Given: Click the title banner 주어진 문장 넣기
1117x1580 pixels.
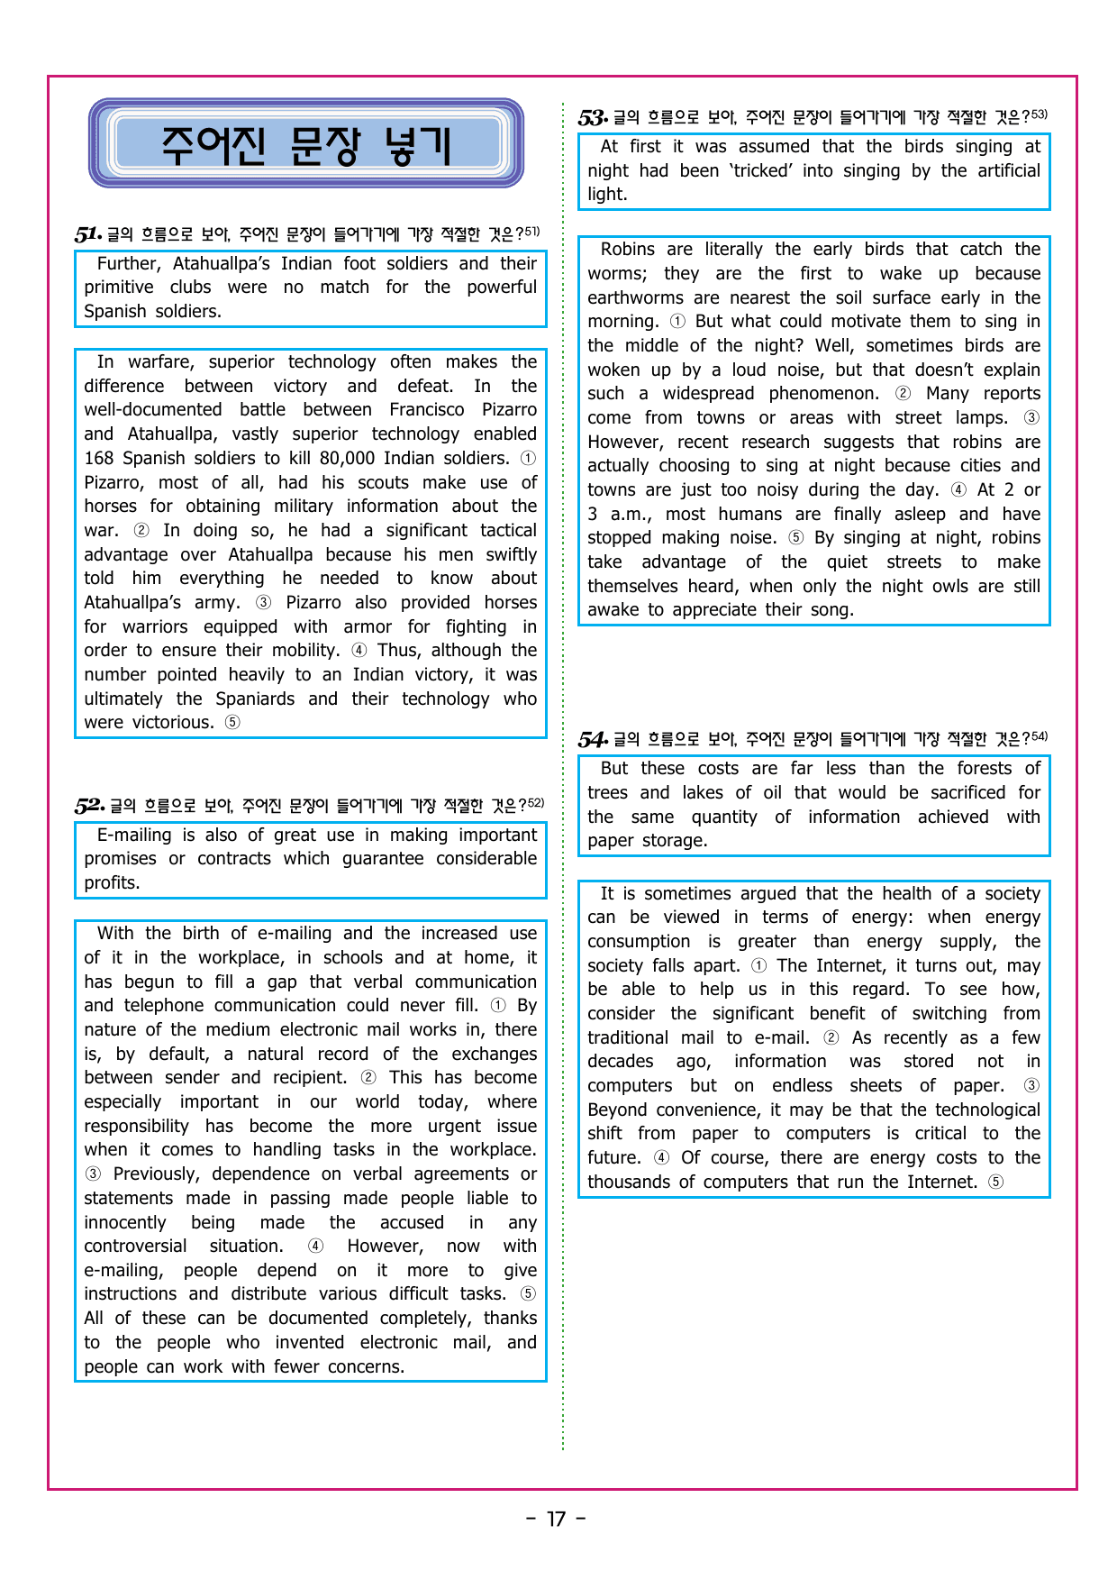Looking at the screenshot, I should (x=306, y=144).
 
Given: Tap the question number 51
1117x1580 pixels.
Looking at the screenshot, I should (x=87, y=235).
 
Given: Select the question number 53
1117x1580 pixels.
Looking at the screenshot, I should (x=592, y=118).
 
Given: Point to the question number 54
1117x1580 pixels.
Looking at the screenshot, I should (x=592, y=740).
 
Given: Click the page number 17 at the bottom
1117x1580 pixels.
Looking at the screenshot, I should (x=557, y=1520).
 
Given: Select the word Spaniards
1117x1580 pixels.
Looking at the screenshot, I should (x=255, y=699).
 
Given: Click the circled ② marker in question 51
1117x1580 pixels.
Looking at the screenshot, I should (x=141, y=530).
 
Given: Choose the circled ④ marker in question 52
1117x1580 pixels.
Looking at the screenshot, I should (x=315, y=1246).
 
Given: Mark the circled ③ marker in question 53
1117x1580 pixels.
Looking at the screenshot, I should (x=1031, y=417).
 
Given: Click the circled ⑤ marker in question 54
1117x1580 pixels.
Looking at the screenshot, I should (x=995, y=1182).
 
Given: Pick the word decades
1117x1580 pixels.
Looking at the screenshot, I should (x=620, y=1062).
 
